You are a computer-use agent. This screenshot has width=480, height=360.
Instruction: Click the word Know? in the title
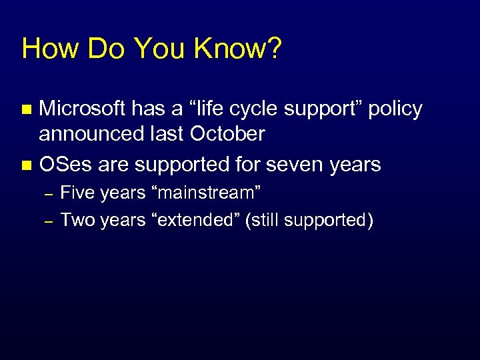point(238,49)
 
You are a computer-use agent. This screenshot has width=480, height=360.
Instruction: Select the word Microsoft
point(83,109)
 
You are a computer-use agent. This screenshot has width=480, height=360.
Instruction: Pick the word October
point(227,135)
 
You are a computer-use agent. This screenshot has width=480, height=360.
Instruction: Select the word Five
point(77,193)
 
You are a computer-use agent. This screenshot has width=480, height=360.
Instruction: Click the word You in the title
point(155,49)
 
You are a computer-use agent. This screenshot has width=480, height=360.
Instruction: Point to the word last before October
point(170,135)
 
